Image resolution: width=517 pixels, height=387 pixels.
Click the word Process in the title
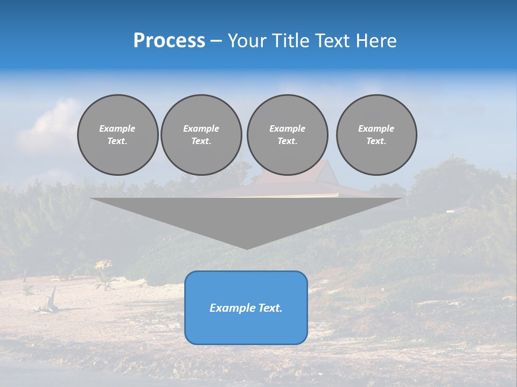tap(169, 41)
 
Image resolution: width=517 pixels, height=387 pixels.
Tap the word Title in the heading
tap(291, 41)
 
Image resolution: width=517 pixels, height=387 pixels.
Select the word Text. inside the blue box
tap(270, 308)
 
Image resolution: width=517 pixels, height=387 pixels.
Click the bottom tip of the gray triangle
tap(247, 248)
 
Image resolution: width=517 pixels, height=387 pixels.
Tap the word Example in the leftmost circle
tap(117, 128)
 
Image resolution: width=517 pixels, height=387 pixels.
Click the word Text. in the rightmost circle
tap(376, 141)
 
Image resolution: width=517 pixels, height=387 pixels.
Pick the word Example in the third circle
tap(287, 128)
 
